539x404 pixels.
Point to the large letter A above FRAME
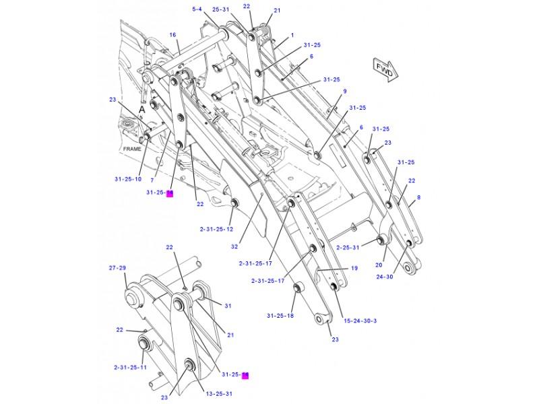[142, 108]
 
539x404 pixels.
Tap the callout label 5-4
[197, 9]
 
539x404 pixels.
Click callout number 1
[292, 35]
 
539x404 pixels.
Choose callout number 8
[418, 197]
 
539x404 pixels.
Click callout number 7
[152, 180]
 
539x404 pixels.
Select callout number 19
[354, 269]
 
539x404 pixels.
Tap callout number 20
[379, 265]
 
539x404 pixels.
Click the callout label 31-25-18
[280, 315]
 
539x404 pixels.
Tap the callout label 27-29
[117, 268]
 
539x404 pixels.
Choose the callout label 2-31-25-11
[130, 368]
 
